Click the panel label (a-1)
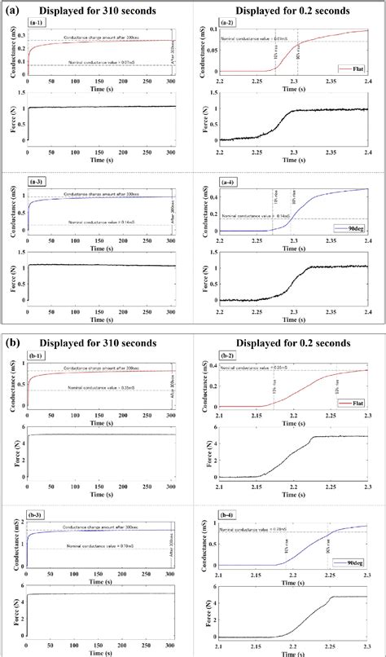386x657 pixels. point(39,23)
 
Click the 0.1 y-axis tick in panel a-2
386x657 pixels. point(210,29)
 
